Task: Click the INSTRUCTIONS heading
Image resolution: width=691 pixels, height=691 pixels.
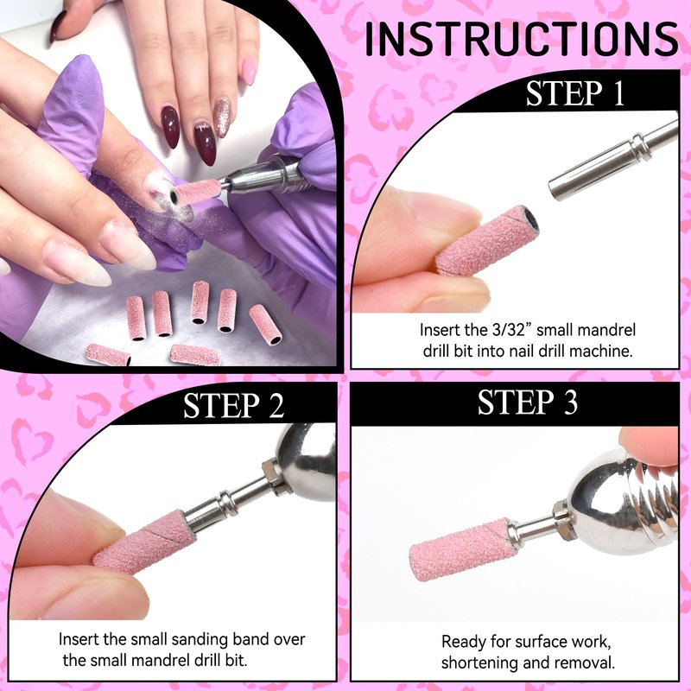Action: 522,39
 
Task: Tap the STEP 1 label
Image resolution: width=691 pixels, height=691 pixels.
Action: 575,93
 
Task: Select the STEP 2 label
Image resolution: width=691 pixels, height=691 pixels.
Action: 233,405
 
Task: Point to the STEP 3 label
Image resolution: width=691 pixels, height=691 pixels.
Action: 527,402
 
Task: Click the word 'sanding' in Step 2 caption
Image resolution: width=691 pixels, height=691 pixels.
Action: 200,640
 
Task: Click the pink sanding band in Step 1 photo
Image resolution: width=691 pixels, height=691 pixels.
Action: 487,240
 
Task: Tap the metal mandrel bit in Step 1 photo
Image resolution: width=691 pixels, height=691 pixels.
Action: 613,162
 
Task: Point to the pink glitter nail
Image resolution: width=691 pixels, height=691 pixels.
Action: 222,117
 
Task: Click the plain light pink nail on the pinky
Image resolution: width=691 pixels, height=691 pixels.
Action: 249,71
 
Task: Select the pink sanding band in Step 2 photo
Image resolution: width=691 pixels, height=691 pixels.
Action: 145,543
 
